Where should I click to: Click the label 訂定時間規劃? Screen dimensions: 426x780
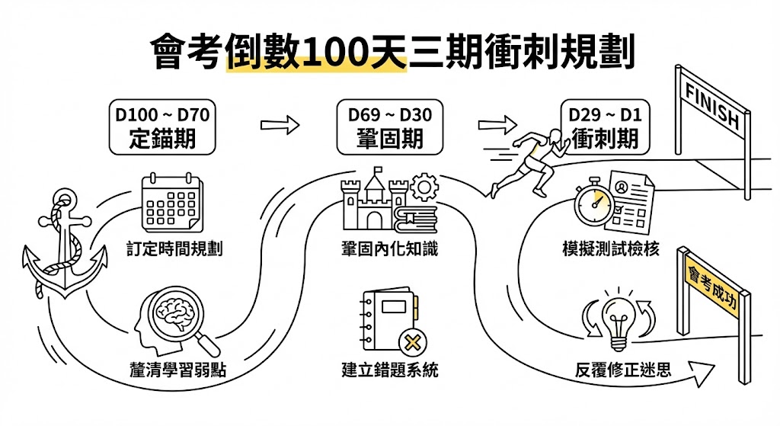pos(175,249)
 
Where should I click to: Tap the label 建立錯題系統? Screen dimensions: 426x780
pos(390,371)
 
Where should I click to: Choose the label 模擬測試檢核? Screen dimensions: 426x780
pos(610,249)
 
